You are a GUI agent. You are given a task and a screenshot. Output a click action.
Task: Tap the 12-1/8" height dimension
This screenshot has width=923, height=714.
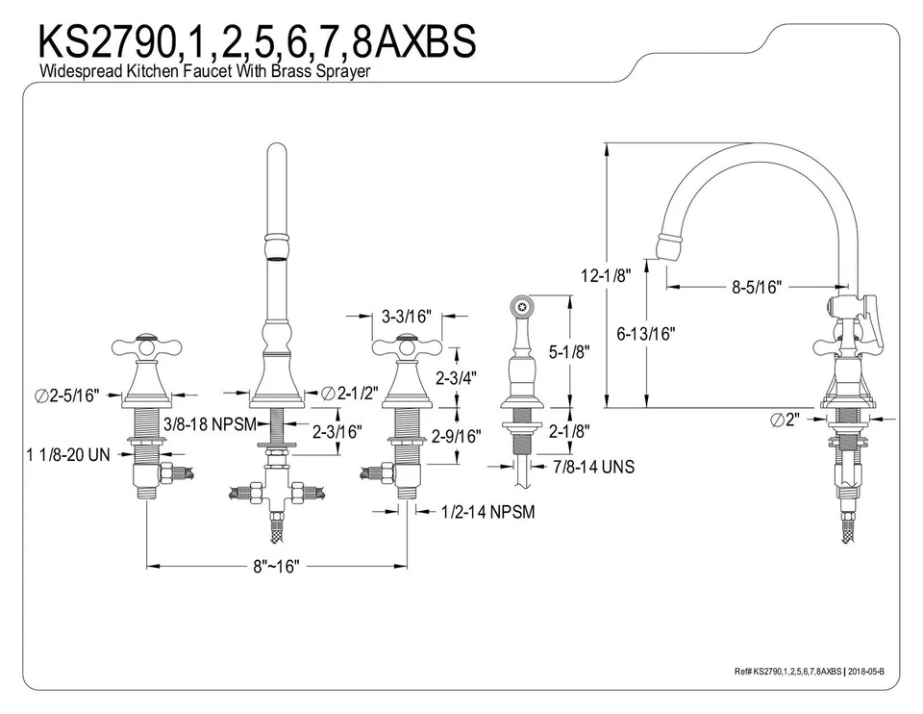tap(605, 276)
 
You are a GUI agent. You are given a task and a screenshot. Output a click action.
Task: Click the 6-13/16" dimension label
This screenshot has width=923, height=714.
tap(646, 334)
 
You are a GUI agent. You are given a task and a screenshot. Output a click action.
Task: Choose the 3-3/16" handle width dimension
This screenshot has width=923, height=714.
tap(406, 317)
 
